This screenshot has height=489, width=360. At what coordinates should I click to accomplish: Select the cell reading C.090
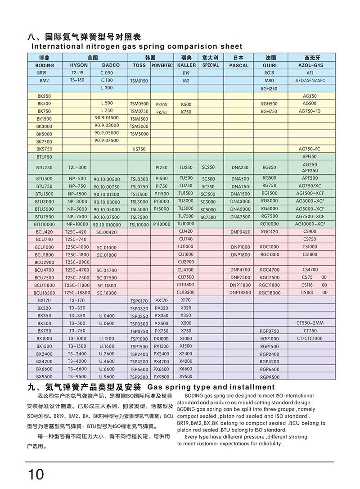[107, 73]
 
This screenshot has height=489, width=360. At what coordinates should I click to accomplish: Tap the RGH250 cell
[269, 89]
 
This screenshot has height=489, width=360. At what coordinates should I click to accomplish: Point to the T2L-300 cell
[76, 168]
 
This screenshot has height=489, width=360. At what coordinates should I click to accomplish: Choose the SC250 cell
[208, 168]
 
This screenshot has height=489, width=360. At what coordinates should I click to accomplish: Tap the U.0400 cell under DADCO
[106, 316]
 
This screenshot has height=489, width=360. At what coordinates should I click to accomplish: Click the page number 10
[36, 474]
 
